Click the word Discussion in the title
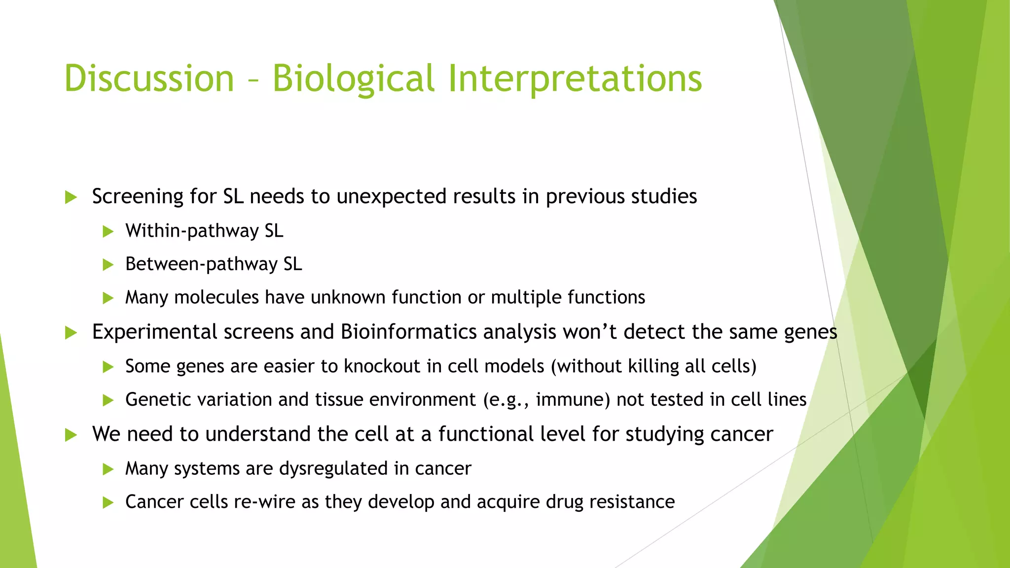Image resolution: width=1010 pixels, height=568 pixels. tap(149, 79)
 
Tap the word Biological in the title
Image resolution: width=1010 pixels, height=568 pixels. tap(353, 79)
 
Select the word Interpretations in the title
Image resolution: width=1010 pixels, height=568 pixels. tap(575, 79)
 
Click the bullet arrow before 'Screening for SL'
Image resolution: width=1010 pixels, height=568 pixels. tap(71, 198)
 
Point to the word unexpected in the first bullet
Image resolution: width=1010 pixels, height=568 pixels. tap(392, 197)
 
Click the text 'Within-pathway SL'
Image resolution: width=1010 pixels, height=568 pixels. tap(204, 231)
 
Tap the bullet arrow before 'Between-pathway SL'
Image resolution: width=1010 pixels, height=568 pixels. tap(108, 265)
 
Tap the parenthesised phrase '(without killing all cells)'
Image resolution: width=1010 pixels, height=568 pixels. tap(653, 366)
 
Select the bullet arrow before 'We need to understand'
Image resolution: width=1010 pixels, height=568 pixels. tap(71, 435)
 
